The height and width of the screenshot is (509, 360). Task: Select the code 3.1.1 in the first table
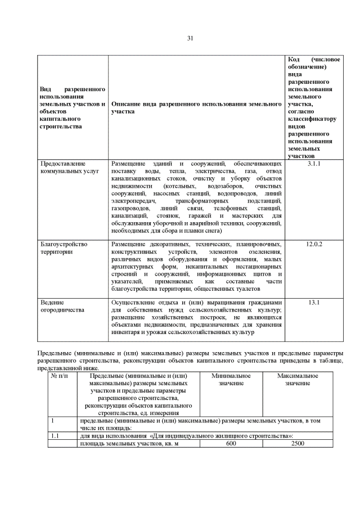pyautogui.click(x=314, y=164)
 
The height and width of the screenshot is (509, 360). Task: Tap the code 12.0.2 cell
pyautogui.click(x=314, y=245)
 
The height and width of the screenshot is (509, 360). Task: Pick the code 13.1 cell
pyautogui.click(x=314, y=303)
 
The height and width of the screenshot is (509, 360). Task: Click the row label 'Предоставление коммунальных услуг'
pyautogui.click(x=69, y=167)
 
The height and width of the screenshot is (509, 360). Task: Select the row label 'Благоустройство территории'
pyautogui.click(x=64, y=248)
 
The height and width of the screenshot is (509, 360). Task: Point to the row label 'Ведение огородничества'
pyautogui.click(x=62, y=307)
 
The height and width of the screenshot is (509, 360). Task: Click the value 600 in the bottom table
pyautogui.click(x=231, y=443)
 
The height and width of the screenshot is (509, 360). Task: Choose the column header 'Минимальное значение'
pyautogui.click(x=231, y=380)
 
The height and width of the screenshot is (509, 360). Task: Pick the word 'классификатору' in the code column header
pyautogui.click(x=312, y=119)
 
